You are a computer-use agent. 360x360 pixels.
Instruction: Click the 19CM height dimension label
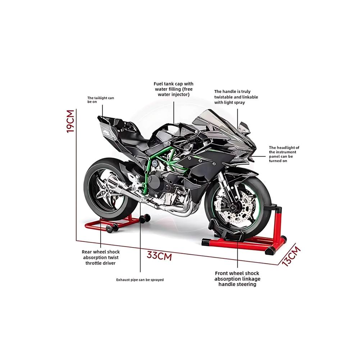[70, 121]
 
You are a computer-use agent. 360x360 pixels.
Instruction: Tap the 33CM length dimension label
[159, 256]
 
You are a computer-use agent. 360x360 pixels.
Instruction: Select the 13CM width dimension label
[291, 256]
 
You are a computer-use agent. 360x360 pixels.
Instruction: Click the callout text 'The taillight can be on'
[101, 100]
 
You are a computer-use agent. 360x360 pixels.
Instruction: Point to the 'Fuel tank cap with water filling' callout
[174, 89]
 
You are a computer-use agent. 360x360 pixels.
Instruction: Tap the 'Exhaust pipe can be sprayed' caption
[140, 279]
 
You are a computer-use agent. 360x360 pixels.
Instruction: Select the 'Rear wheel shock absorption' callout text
[101, 258]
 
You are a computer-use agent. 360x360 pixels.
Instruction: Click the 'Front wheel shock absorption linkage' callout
[237, 279]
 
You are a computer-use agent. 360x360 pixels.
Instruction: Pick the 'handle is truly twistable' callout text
[236, 97]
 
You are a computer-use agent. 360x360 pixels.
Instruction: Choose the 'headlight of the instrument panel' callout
[284, 154]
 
